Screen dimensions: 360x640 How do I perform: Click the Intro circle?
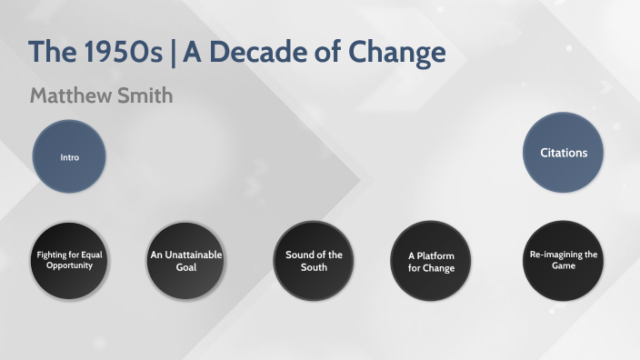click(70, 157)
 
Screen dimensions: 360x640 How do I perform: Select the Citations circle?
click(564, 153)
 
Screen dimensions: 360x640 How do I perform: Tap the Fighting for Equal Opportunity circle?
click(70, 261)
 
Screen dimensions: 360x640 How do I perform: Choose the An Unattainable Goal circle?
click(185, 261)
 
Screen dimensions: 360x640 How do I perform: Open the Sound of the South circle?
click(313, 261)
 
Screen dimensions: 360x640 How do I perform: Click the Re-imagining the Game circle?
click(564, 261)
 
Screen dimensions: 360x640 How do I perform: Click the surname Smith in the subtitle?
click(145, 95)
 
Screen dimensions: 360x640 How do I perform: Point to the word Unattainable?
click(186, 255)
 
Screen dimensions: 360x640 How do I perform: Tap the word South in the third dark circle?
click(313, 267)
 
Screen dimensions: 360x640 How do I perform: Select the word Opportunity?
click(70, 266)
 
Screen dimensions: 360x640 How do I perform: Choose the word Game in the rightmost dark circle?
click(564, 267)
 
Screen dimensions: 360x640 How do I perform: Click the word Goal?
click(185, 268)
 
